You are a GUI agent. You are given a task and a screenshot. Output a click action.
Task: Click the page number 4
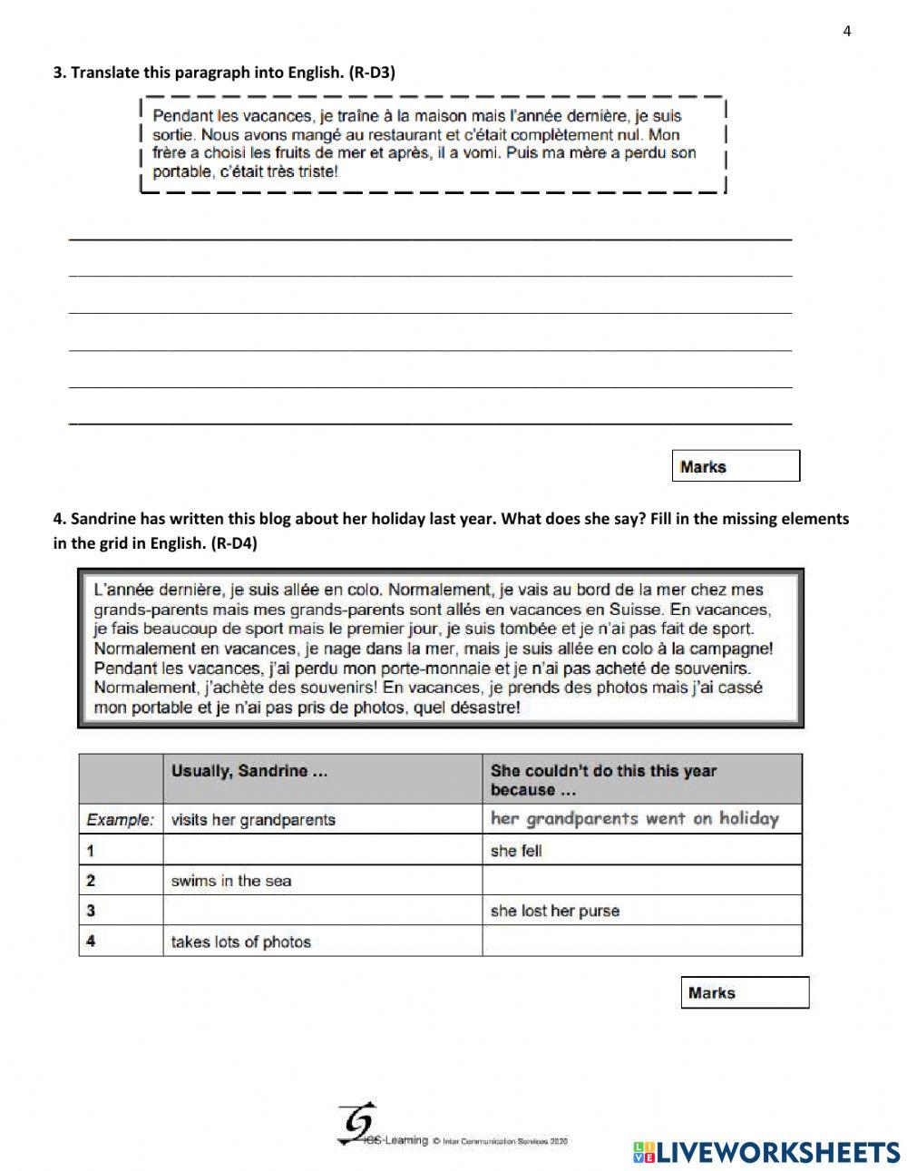coord(847,32)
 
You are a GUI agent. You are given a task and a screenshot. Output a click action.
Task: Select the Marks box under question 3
coord(736,466)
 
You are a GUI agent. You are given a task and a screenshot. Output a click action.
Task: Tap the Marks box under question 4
coord(744,992)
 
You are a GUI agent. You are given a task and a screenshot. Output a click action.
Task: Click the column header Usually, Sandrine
coord(249,771)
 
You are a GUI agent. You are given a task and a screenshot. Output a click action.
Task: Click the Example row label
coord(120,820)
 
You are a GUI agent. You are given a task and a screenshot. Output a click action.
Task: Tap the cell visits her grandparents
coord(253,820)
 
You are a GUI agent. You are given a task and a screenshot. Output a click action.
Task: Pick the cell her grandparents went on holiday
coord(635,819)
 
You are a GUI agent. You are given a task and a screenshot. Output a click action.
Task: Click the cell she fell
coord(516,851)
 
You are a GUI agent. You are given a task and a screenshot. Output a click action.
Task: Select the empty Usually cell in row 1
coord(322,851)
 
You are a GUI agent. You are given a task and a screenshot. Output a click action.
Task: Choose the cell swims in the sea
coord(231,881)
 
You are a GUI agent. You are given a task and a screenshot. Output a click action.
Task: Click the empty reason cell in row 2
coord(641,881)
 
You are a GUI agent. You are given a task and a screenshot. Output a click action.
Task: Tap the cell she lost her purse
coord(554,911)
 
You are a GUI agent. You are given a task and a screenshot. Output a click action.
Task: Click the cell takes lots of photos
coord(240,942)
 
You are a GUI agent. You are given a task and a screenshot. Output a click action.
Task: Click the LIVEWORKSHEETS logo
coord(766,1152)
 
